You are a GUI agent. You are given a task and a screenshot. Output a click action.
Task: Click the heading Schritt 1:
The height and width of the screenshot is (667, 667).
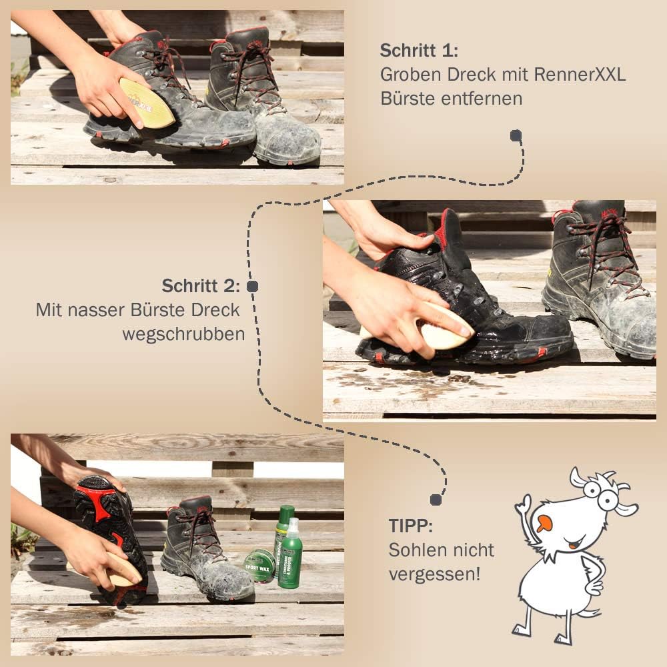(419, 50)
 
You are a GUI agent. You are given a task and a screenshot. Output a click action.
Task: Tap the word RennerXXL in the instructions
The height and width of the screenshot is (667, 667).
(580, 75)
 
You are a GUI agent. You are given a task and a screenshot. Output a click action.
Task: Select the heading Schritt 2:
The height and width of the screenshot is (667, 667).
(201, 286)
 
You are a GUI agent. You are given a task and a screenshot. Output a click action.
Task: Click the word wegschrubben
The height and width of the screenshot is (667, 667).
(183, 334)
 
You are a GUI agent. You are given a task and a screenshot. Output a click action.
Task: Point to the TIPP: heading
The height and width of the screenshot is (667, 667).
(410, 526)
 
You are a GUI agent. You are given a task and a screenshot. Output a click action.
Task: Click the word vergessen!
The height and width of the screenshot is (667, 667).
(434, 574)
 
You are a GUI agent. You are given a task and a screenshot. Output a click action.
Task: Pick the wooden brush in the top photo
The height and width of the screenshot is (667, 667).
(146, 103)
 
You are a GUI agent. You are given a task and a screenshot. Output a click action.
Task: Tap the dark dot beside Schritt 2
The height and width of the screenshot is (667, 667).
(252, 286)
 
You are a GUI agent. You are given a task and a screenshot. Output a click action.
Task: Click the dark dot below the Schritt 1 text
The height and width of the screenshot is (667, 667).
(516, 135)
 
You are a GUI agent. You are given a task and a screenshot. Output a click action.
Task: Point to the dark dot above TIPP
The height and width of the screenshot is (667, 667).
(436, 500)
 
